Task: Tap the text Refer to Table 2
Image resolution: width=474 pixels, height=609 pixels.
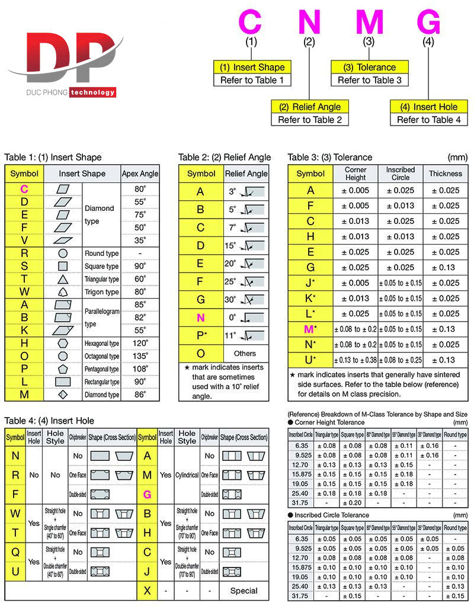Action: [310, 120]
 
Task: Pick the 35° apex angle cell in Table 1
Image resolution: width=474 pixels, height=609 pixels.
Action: [140, 240]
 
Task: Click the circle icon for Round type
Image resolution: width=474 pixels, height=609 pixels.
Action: [63, 254]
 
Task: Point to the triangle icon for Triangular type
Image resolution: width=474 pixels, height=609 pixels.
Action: [63, 279]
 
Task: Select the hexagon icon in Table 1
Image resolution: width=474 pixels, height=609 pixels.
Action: [63, 343]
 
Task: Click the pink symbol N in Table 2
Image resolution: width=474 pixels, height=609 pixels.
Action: [201, 318]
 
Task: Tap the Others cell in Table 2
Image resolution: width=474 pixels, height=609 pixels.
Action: [245, 354]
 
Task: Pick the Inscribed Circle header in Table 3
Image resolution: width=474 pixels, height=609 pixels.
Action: [401, 174]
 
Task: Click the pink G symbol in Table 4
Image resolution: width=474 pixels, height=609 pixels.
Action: [147, 493]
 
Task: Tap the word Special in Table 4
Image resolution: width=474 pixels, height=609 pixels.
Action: [244, 591]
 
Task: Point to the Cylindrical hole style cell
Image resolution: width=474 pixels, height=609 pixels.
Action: [187, 475]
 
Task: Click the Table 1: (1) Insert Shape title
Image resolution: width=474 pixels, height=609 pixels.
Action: [53, 157]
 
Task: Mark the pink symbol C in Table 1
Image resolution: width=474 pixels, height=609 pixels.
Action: [24, 188]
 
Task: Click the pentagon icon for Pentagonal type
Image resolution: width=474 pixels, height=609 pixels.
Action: [63, 369]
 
